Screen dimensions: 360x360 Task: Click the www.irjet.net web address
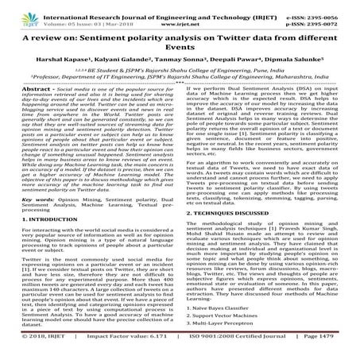[x=182, y=17]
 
